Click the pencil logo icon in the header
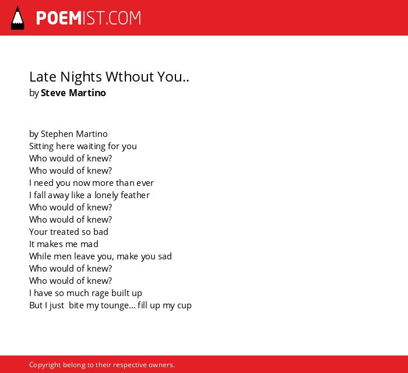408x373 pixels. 17,18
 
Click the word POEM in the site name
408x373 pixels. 59,18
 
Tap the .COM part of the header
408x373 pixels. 123,18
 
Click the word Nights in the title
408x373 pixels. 81,78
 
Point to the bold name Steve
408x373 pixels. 53,93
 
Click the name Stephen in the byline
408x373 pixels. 57,134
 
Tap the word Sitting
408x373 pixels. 41,146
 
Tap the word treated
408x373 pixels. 65,232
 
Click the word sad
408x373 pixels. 165,256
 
